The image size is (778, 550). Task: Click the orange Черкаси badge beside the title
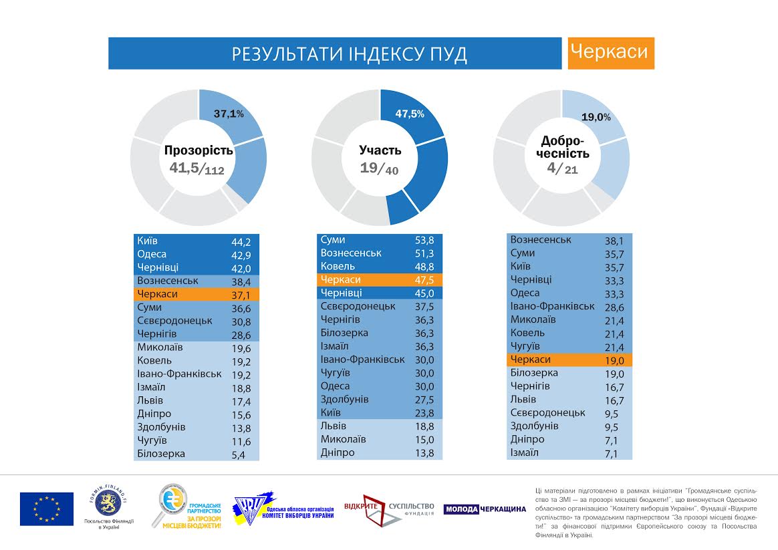tap(611, 53)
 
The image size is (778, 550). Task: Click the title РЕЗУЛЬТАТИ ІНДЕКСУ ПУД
tap(349, 54)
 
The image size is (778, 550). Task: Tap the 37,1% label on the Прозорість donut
tap(229, 114)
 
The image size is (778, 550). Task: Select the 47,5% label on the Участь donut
tap(410, 114)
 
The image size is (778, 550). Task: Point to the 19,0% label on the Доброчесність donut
tap(596, 117)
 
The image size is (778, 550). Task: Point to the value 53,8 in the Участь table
tap(425, 240)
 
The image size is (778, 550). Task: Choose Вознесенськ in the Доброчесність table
tap(540, 239)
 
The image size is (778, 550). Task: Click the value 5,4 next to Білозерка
tap(241, 454)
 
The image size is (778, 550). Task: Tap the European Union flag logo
tap(46, 509)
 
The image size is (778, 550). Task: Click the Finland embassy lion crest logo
tap(108, 503)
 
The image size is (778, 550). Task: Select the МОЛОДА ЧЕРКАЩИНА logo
tap(485, 509)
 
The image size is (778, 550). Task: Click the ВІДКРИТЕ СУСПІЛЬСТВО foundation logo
tap(389, 509)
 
